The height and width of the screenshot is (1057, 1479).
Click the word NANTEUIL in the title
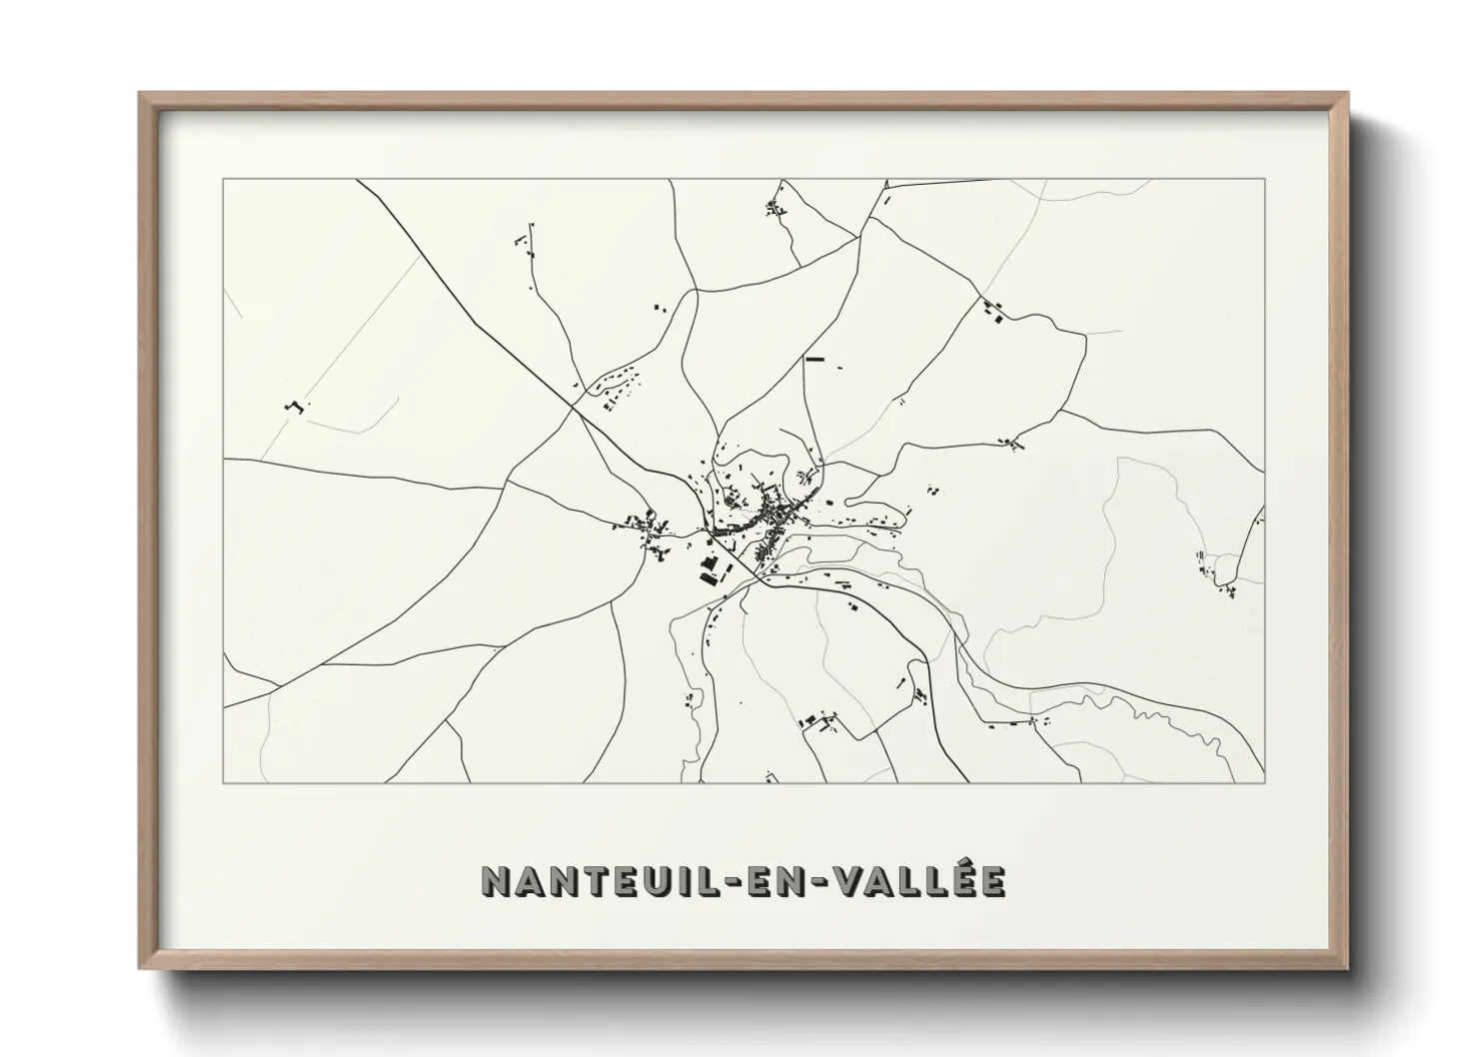(x=581, y=880)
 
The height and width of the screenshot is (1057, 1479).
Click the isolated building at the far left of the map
(x=294, y=406)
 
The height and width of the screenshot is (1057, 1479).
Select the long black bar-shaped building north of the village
(x=814, y=358)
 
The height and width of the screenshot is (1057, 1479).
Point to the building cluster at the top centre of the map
(x=774, y=209)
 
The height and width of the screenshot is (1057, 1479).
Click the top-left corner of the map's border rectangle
(x=223, y=179)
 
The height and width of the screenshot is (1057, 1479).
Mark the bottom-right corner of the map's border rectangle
(x=1265, y=782)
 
